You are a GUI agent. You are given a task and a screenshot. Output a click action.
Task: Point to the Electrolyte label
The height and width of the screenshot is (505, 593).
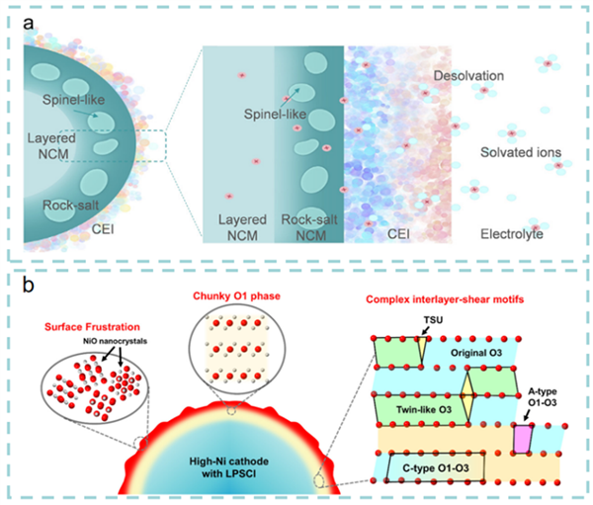click(x=516, y=234)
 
